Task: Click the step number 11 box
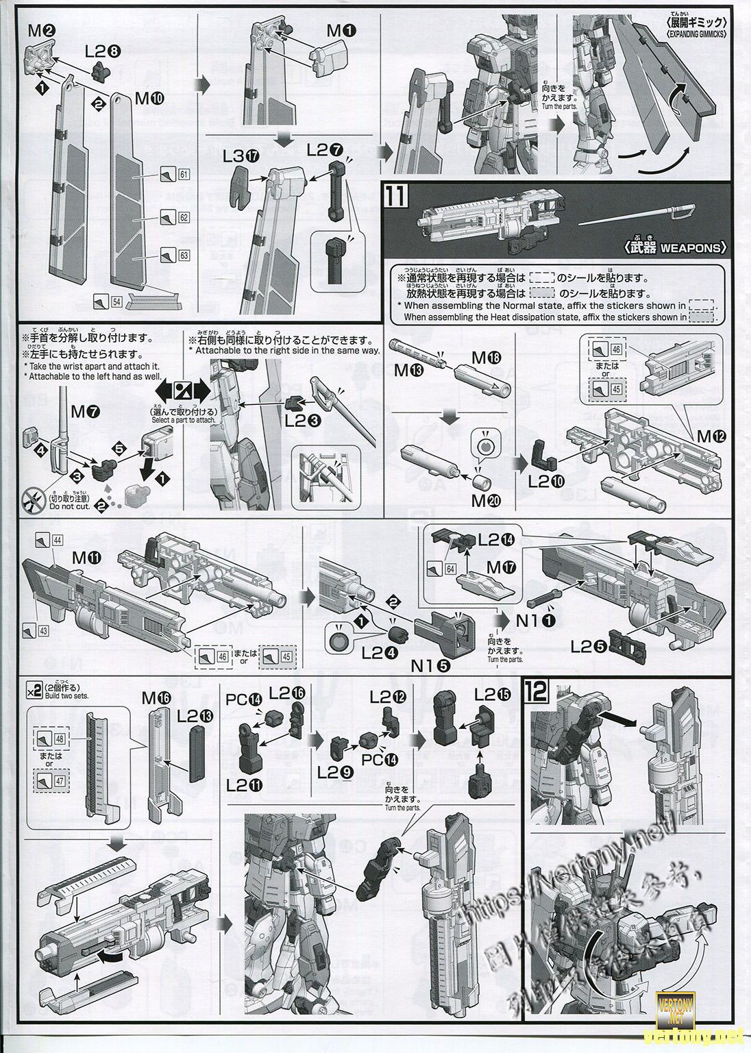tap(397, 199)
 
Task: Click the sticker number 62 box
tap(183, 218)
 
